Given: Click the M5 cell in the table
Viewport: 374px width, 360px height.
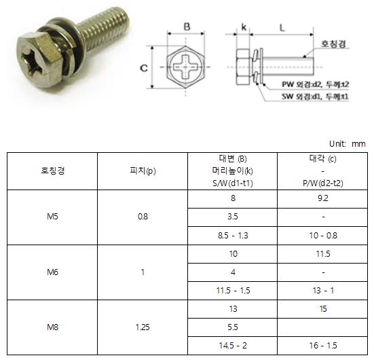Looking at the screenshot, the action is coord(52,217).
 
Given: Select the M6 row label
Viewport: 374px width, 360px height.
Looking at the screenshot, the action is coord(52,272).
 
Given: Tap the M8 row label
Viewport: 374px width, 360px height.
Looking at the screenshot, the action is coord(52,327).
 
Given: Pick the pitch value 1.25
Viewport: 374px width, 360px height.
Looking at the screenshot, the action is coord(143,327).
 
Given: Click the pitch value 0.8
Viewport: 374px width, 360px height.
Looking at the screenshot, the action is coord(143,217).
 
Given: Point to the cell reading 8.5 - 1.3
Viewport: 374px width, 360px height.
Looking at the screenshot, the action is coord(233,236).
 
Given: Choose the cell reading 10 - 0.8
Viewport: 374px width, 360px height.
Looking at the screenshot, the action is coord(323,236).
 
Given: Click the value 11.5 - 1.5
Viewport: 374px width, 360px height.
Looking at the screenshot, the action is coord(233,291).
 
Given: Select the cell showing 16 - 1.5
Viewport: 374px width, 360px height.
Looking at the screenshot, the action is coord(323,346).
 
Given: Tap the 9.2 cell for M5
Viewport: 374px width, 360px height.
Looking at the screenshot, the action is coord(323,198).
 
